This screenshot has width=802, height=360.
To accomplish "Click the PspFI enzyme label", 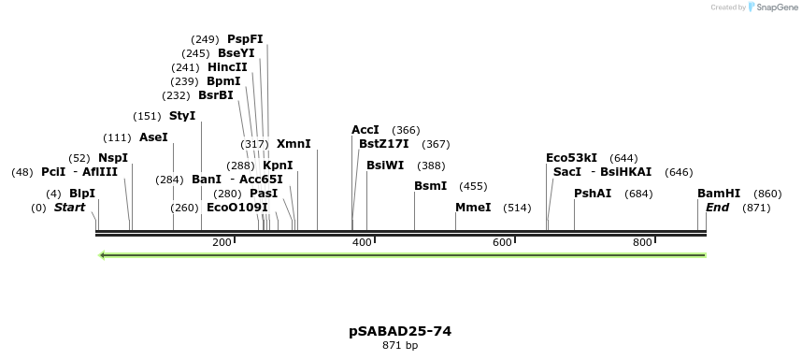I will pyautogui.click(x=245, y=39).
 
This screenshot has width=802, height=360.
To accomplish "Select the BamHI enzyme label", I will pyautogui.click(x=719, y=193).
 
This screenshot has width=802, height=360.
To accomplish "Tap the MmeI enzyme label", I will pyautogui.click(x=473, y=207).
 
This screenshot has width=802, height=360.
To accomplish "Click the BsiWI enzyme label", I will pyautogui.click(x=385, y=165).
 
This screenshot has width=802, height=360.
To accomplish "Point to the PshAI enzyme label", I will pyautogui.click(x=593, y=193).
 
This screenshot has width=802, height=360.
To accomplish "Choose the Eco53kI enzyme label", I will pyautogui.click(x=571, y=158).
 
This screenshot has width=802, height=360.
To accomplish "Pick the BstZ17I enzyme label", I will pyautogui.click(x=383, y=144).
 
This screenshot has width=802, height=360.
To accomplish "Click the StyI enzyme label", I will pyautogui.click(x=182, y=116).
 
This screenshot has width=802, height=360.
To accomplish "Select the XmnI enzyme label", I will pyautogui.click(x=294, y=144).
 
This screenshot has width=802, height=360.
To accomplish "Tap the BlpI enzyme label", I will pyautogui.click(x=82, y=193).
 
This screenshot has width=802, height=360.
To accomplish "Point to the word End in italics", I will pyautogui.click(x=718, y=207).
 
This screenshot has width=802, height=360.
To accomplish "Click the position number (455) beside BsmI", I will pyautogui.click(x=473, y=186).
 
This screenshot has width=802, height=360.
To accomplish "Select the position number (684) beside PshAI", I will pyautogui.click(x=639, y=193).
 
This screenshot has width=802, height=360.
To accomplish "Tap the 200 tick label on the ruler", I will pyautogui.click(x=222, y=243).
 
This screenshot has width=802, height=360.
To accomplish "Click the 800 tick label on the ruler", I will pyautogui.click(x=641, y=243).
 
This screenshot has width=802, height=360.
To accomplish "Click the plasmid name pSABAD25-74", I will pyautogui.click(x=400, y=331).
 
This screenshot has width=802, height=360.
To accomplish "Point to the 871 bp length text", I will pyautogui.click(x=400, y=346).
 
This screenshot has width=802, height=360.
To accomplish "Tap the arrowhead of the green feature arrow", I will pyautogui.click(x=102, y=254).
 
